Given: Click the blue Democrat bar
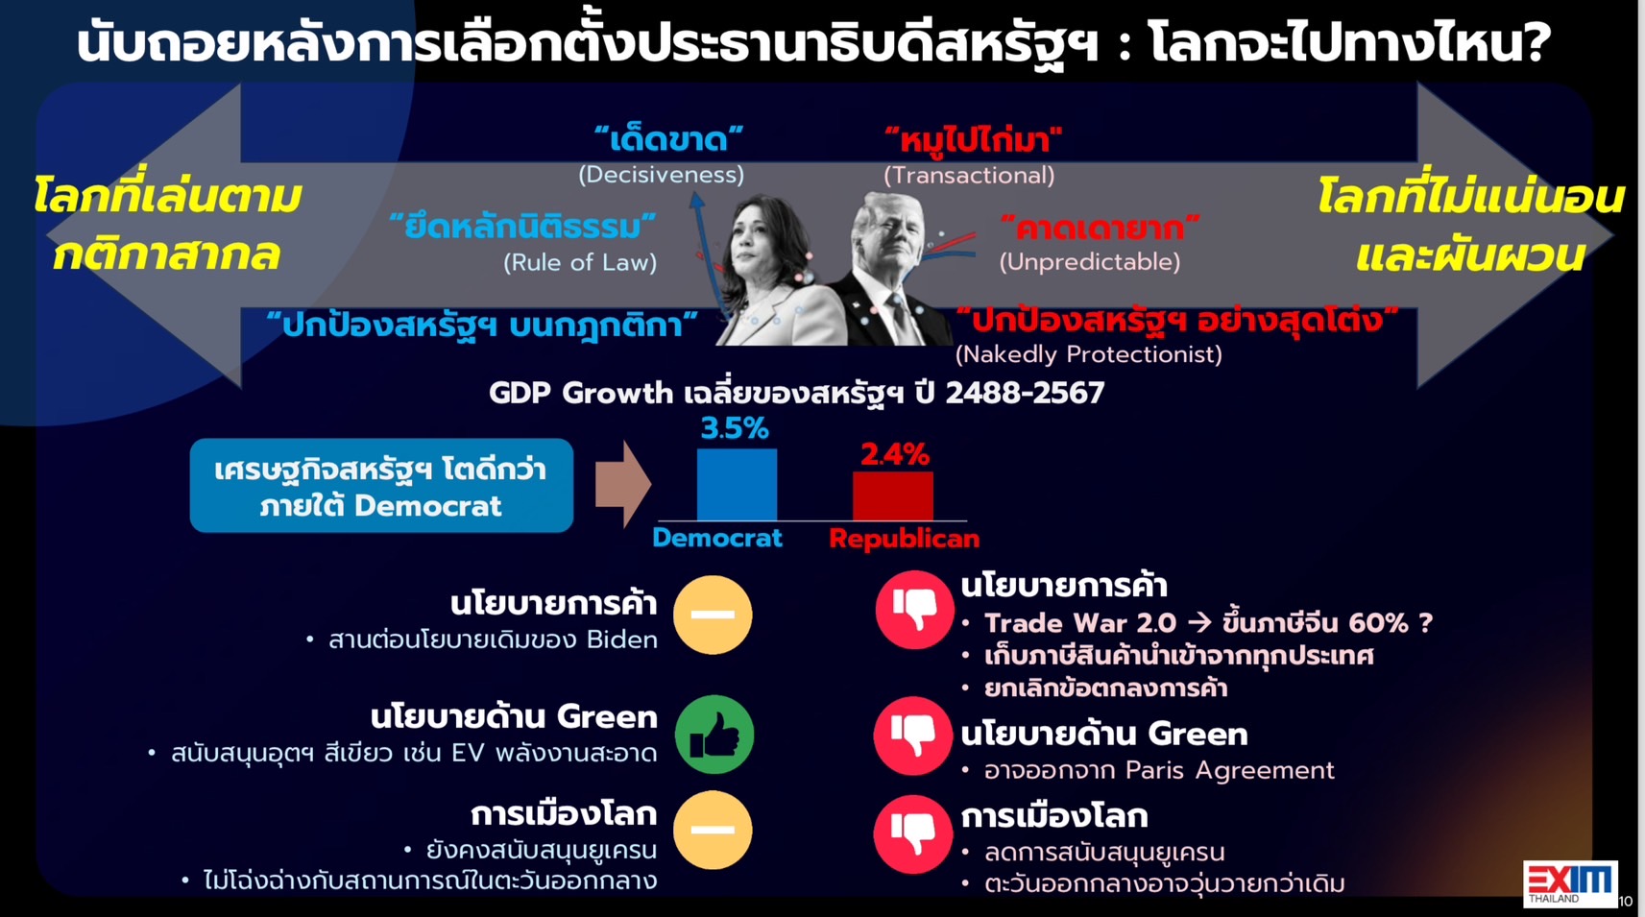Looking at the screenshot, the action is click(737, 485).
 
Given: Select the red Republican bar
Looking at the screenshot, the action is click(893, 496).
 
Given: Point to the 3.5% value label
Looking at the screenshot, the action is click(735, 428).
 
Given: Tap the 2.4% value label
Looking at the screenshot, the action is click(894, 454).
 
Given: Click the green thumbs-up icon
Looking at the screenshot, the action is click(714, 735).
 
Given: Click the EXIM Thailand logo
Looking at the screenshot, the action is click(1570, 883).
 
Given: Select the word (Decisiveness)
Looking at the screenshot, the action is click(661, 175).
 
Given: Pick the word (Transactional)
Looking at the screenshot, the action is click(969, 176).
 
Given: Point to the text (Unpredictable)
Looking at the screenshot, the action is click(1090, 262).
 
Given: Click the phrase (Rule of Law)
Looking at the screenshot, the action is click(580, 263).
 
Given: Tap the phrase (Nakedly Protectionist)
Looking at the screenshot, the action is click(1088, 354).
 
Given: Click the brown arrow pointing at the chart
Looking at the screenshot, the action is click(622, 485).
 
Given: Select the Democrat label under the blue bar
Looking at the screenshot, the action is click(717, 538).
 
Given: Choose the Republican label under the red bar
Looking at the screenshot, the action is click(904, 539).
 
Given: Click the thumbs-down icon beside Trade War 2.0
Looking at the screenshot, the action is click(914, 610).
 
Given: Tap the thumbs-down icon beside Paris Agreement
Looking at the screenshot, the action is click(913, 736).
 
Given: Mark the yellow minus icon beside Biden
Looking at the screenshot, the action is click(714, 615).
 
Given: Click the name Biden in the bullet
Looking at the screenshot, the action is click(622, 640).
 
